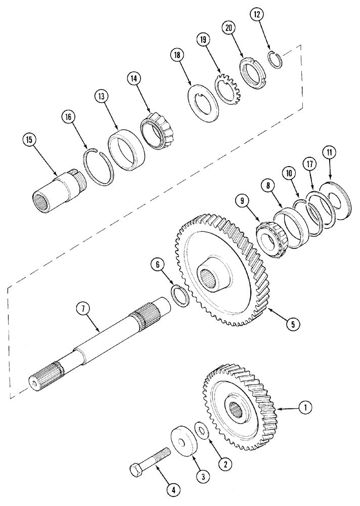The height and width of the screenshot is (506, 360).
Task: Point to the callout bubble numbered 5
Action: tap(290, 324)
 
